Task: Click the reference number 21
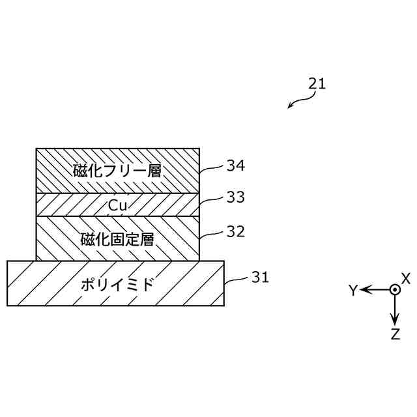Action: (x=317, y=83)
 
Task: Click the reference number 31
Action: (x=260, y=278)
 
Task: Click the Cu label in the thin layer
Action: (x=117, y=205)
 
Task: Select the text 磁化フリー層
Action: (x=117, y=171)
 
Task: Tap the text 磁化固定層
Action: (x=117, y=238)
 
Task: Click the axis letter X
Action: (x=406, y=278)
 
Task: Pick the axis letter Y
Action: (x=353, y=291)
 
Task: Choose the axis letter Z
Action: (x=395, y=335)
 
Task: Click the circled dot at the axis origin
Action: (x=394, y=290)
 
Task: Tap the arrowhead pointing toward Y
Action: (x=366, y=290)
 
